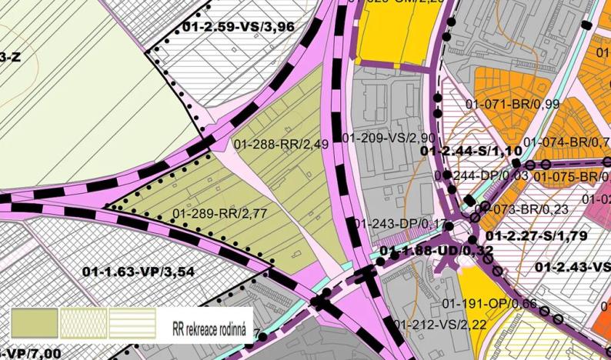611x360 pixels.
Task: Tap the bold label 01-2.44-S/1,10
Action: point(471,152)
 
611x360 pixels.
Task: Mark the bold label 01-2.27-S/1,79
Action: point(536,235)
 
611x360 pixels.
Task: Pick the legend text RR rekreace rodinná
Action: point(207,329)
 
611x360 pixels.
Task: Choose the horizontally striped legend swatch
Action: point(132,325)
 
